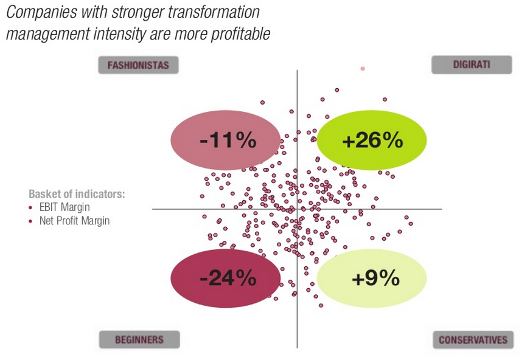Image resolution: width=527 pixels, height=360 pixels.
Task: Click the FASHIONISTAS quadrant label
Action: pos(138,65)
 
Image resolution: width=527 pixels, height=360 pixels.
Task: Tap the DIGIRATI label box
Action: pos(471,64)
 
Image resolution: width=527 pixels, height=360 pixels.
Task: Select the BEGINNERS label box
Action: pos(139,339)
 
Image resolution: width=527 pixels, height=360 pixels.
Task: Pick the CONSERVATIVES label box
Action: pos(472,339)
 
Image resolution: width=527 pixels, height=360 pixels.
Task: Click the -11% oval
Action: pos(227,141)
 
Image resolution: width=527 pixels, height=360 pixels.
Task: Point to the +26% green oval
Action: pos(372,141)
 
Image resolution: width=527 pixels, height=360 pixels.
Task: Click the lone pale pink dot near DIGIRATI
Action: pos(363,69)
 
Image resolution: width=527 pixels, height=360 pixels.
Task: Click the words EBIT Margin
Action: pos(65,208)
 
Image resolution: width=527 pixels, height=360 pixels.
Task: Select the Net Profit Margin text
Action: pos(74,221)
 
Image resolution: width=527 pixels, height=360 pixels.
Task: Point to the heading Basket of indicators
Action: pos(77,195)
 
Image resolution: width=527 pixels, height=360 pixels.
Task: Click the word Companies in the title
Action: pos(37,12)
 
